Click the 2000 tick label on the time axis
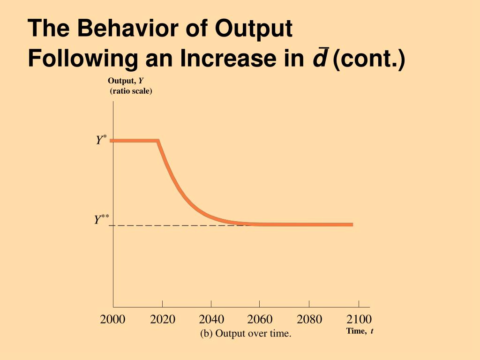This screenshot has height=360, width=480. click(112, 320)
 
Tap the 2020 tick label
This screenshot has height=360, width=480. click(163, 320)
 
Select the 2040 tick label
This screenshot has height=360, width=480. click(211, 320)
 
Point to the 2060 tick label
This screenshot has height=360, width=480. click(260, 320)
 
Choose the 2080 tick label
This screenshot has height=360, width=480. click(309, 320)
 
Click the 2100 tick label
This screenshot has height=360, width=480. click(359, 320)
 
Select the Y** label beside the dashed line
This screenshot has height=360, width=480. click(101, 219)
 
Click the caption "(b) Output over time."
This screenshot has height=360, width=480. click(246, 334)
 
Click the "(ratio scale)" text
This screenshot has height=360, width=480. click(131, 91)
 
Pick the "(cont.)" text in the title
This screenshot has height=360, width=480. click(368, 59)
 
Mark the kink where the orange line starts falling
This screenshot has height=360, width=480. click(158, 141)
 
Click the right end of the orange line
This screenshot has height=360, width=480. click(352, 225)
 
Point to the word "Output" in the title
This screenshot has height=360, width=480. click(254, 29)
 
